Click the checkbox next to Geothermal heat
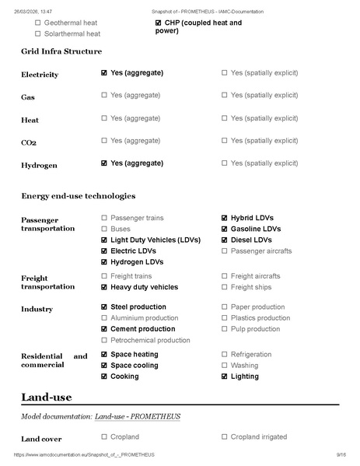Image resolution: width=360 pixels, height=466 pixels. tap(37, 23)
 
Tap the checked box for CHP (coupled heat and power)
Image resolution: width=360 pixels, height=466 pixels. tap(159, 23)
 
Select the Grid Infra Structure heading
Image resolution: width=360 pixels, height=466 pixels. tap(61, 51)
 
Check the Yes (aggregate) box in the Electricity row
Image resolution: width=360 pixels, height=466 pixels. tap(104, 72)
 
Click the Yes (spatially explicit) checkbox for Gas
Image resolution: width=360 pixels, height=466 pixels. tap(225, 95)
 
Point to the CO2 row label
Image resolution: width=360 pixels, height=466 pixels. tap(30, 143)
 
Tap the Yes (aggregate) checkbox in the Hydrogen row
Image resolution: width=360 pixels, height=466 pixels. tap(104, 163)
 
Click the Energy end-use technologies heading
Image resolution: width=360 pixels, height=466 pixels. tap(78, 195)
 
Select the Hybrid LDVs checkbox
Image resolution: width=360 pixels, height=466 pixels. tap(225, 218)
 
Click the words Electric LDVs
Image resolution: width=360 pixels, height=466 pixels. tap(133, 251)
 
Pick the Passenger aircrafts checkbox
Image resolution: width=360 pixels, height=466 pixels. tap(225, 251)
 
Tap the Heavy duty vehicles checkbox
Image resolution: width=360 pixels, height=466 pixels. tap(104, 287)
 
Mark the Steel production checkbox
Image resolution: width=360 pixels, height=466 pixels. tap(104, 307)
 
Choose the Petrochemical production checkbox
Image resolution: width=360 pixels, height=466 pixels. tap(104, 340)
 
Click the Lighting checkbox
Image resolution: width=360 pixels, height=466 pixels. tap(225, 377)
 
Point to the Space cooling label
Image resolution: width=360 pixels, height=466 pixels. tap(135, 366)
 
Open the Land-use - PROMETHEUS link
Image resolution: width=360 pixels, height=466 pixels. tap(138, 416)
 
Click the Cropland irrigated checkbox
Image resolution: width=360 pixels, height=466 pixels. tap(225, 437)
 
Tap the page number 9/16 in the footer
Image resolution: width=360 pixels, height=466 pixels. tap(341, 454)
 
